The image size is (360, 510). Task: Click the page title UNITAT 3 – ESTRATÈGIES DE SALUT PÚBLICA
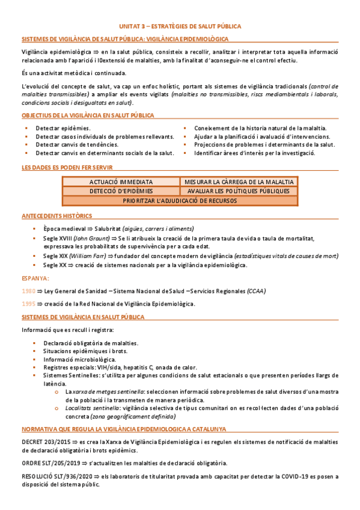click(x=180, y=27)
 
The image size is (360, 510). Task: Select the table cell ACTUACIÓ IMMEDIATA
click(x=120, y=182)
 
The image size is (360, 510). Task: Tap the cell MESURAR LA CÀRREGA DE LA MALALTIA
click(x=239, y=182)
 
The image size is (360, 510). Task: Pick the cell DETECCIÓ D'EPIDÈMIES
click(x=120, y=191)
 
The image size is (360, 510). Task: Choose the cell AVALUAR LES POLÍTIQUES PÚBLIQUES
click(x=239, y=191)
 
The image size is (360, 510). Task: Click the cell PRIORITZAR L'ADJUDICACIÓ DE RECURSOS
click(x=180, y=201)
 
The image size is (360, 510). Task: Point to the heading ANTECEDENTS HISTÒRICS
click(x=56, y=215)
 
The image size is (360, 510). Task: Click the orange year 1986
click(x=28, y=291)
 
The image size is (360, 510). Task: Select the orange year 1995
click(x=28, y=304)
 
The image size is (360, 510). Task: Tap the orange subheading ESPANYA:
click(x=35, y=278)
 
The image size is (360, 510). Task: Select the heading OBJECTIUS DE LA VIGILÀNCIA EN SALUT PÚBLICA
click(x=87, y=115)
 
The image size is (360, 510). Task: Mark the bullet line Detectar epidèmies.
click(x=63, y=128)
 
